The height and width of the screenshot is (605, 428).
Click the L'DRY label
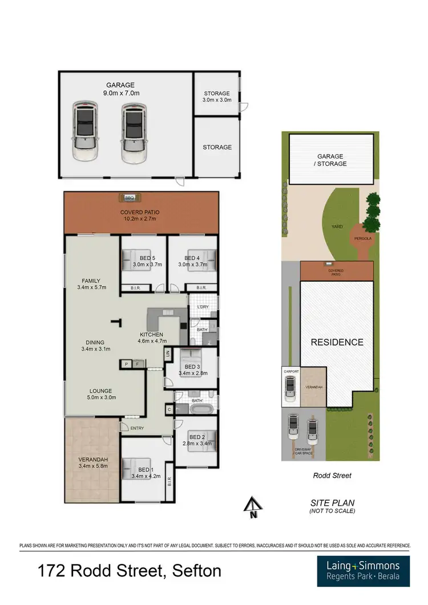203,308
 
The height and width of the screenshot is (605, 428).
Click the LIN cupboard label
168,354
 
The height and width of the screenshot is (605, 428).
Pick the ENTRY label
137,428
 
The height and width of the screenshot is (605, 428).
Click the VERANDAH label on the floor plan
92,459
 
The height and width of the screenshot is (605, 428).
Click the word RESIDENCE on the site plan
337,342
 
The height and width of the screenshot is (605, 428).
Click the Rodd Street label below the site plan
332,475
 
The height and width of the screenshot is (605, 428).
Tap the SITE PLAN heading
332,502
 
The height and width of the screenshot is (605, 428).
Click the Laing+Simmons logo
363,571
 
